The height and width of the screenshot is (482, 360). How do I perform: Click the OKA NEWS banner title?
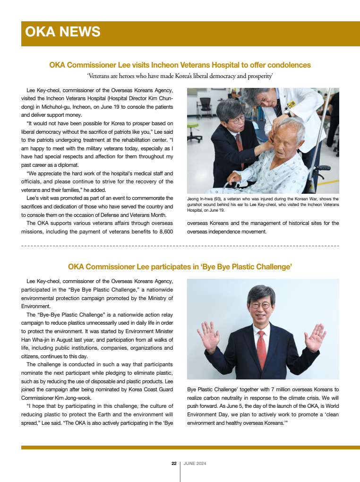[63, 32]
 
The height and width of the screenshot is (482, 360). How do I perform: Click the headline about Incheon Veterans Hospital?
[180, 65]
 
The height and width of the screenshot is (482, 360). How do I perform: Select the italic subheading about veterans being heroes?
[180, 76]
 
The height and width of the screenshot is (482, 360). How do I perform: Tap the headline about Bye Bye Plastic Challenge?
[180, 267]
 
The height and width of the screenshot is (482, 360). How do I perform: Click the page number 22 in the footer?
[174, 464]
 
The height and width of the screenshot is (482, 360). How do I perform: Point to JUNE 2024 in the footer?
[195, 464]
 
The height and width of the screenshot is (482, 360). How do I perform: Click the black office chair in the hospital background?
[206, 107]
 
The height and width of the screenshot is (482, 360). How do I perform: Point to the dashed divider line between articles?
[180, 246]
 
